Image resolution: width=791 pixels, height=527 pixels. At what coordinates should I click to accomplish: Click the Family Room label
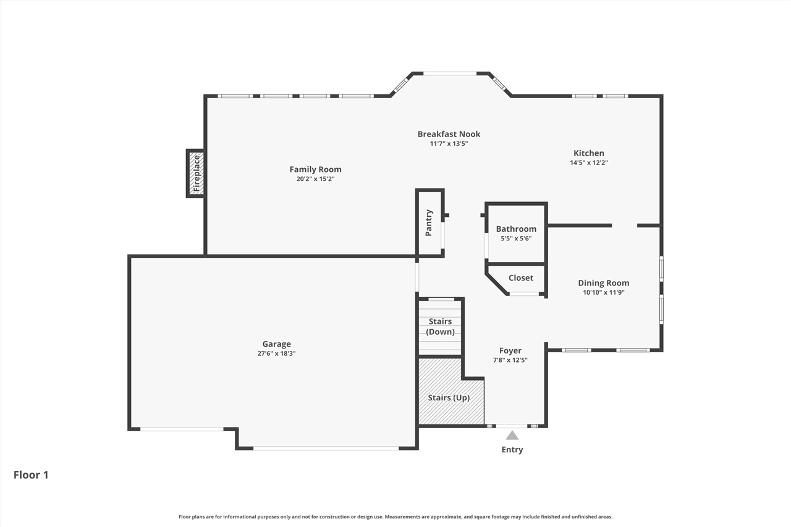tap(315, 169)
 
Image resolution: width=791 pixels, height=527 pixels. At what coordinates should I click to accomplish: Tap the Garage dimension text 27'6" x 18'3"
tap(276, 353)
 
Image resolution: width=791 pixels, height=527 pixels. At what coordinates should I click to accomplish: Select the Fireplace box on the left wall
tap(196, 174)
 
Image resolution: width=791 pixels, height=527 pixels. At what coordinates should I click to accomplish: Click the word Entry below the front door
tap(512, 450)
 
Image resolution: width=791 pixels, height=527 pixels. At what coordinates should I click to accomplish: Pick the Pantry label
tap(429, 223)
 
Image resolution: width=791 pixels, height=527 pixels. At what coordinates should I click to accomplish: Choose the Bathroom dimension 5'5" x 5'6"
tap(516, 238)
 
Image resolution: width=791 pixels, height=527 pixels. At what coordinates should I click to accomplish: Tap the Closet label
tap(521, 278)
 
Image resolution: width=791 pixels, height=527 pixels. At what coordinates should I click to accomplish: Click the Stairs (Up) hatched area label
tap(449, 398)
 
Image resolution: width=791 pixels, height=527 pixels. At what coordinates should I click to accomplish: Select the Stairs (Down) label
tap(440, 326)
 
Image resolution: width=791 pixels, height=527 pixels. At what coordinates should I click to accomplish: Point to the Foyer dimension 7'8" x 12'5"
tap(510, 360)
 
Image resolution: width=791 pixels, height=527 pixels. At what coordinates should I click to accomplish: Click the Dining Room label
tap(604, 283)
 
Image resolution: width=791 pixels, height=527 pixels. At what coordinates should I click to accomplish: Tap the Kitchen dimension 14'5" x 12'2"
tap(589, 162)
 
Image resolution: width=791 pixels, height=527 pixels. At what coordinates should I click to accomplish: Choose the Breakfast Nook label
tap(449, 134)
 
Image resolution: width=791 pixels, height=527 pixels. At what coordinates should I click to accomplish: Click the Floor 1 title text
tap(31, 474)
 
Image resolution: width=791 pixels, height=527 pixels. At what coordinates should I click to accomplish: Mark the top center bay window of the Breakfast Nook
tap(450, 74)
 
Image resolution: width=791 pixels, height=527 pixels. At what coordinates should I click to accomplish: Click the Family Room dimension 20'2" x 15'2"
tap(315, 179)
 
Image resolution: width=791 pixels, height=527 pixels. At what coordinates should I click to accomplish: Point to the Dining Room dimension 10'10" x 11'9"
tap(604, 292)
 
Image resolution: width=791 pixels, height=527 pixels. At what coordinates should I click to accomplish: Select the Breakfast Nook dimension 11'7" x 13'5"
tap(449, 144)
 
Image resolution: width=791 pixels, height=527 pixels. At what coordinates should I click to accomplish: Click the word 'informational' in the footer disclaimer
tap(239, 516)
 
